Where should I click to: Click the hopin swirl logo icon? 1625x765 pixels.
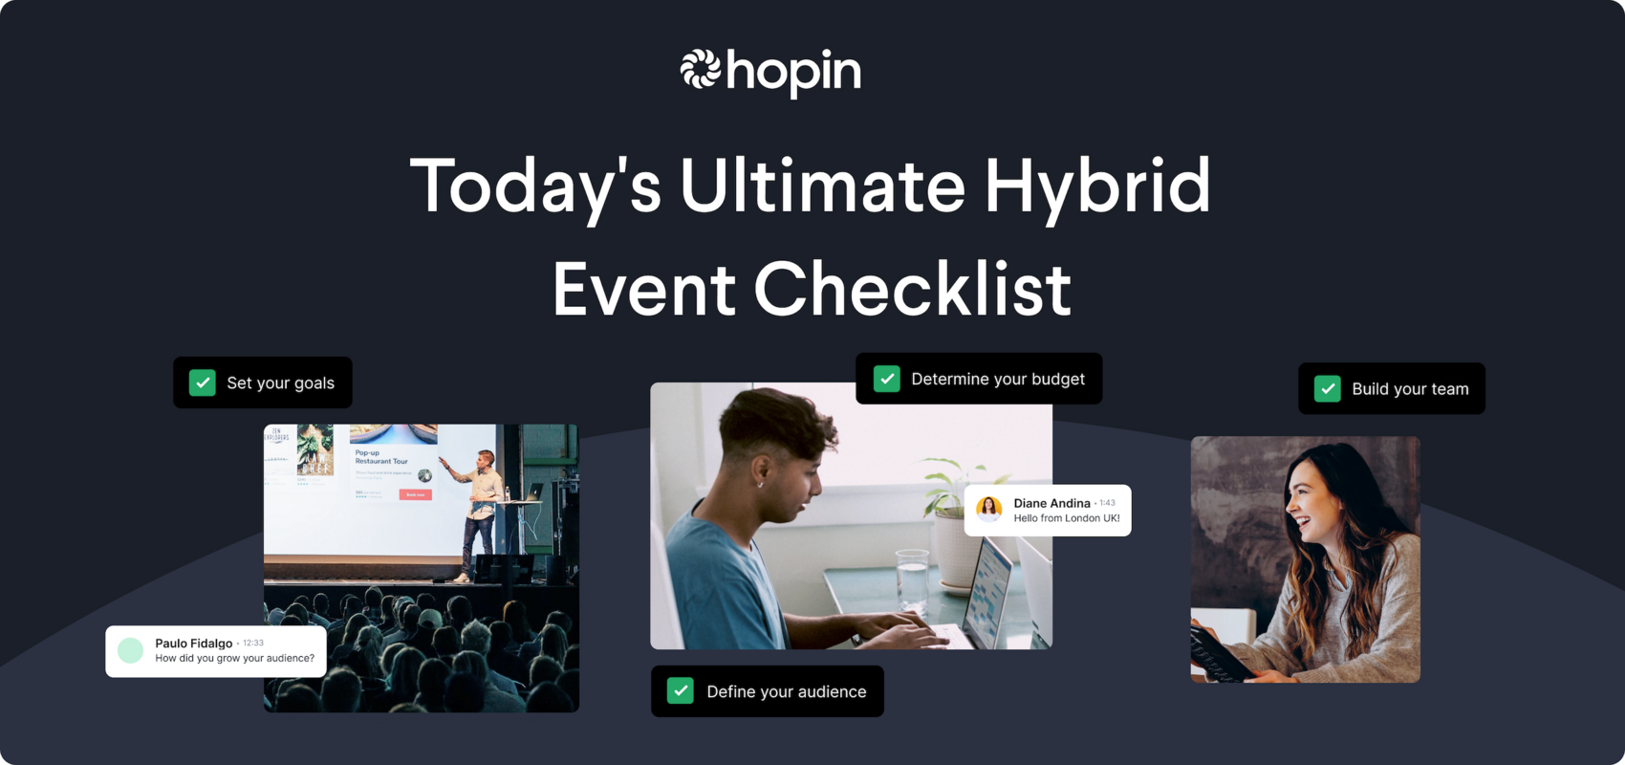[x=700, y=70]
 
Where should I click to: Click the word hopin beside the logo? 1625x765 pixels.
[x=793, y=72]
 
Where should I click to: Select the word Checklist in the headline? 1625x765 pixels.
[x=912, y=289]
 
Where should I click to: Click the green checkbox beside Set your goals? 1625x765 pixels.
[x=203, y=382]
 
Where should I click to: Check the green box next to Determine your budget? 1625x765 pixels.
[x=887, y=379]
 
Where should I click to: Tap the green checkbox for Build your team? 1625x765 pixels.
[x=1328, y=388]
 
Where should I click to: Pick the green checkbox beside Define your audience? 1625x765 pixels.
[x=681, y=690]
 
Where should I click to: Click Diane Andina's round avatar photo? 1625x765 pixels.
[x=989, y=510]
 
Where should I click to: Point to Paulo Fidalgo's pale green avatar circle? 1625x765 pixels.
[x=131, y=650]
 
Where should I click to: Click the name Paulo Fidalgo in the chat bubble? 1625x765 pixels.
[x=193, y=643]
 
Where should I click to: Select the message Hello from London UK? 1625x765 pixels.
[x=1066, y=518]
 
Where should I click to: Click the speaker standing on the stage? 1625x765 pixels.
[x=481, y=512]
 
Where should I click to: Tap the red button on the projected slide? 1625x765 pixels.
[x=415, y=494]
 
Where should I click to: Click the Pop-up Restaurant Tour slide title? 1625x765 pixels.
[x=381, y=456]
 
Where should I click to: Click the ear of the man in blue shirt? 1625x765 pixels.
[x=761, y=471]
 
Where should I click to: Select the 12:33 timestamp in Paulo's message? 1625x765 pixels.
[x=253, y=643]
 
